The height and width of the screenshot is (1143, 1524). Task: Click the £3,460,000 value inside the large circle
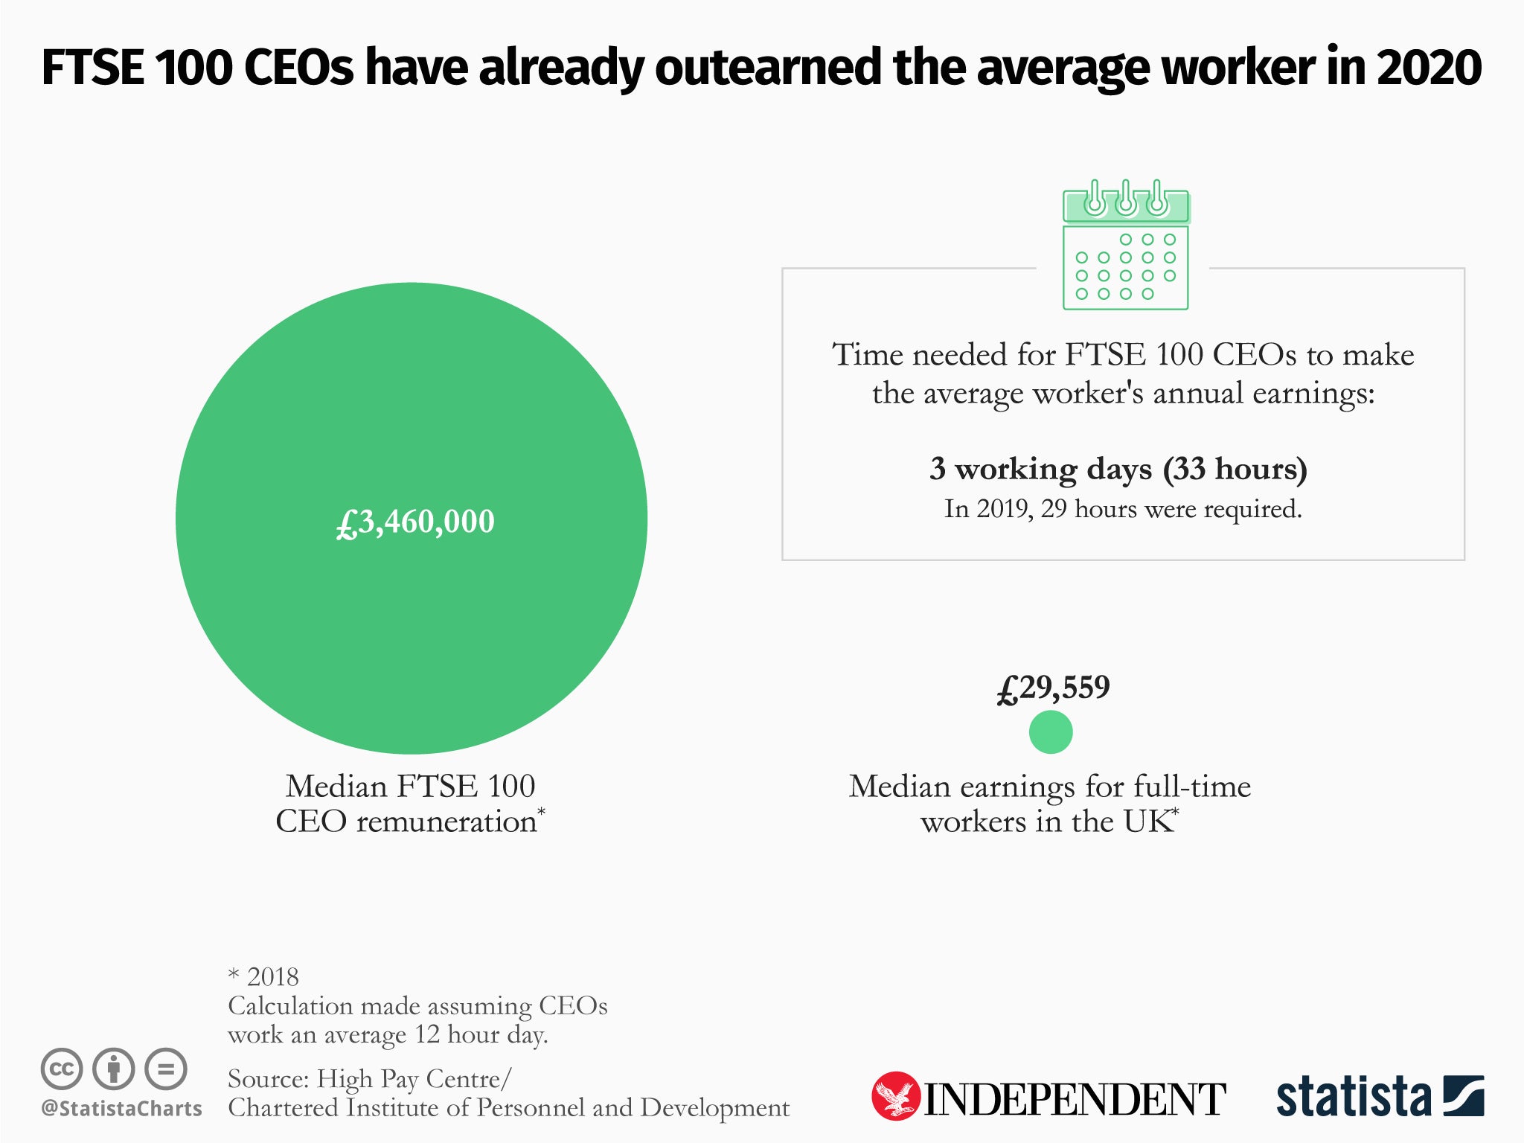pos(415,522)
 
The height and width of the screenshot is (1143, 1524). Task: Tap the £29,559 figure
pos(1053,688)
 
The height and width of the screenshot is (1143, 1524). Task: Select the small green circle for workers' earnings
pos(1050,732)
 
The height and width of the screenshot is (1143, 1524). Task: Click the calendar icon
pos(1125,246)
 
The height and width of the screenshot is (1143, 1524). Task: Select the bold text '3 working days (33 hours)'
pos(1118,469)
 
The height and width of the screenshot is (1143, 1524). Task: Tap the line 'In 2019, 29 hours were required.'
pos(1122,509)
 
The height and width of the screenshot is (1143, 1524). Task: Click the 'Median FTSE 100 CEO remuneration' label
pos(410,804)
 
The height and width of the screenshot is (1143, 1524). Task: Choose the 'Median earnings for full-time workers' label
pos(1049,804)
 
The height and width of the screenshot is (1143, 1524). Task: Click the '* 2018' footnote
pos(263,976)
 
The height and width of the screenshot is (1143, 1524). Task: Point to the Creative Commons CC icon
pos(62,1069)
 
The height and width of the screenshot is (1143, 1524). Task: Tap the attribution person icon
pos(113,1069)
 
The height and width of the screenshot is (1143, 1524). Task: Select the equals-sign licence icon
pos(166,1069)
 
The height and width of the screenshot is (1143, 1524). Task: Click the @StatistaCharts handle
pos(121,1109)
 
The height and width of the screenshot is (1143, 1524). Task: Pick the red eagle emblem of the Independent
pos(895,1095)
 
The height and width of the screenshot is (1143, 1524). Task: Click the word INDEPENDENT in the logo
pos(1074,1099)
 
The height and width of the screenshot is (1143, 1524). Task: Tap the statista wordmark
pos(1353,1097)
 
